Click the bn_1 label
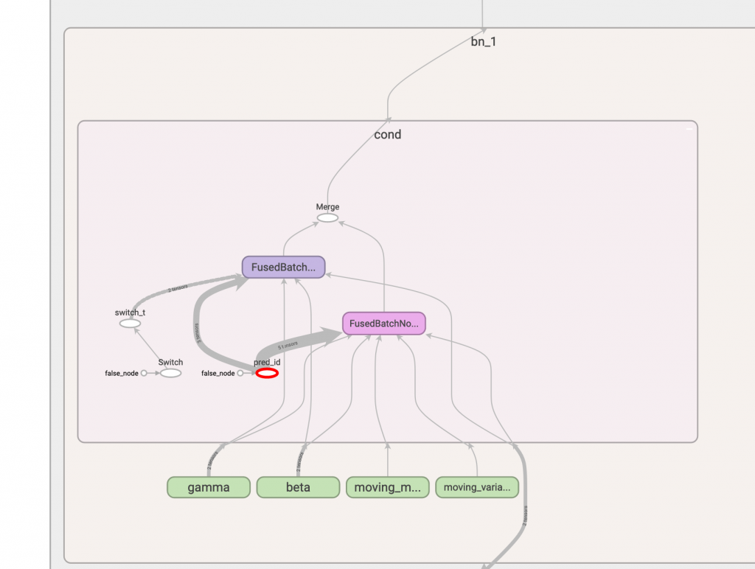click(484, 42)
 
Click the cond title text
click(388, 135)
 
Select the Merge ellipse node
click(327, 218)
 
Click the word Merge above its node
click(327, 207)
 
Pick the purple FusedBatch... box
click(284, 267)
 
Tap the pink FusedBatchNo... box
click(384, 324)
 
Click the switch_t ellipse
click(130, 324)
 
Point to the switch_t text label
click(130, 313)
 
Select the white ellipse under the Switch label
click(170, 374)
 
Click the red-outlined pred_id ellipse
click(267, 374)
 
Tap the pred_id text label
click(267, 363)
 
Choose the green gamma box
click(209, 487)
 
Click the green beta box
click(298, 487)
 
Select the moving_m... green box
click(388, 487)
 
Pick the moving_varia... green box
click(477, 487)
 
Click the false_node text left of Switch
click(121, 374)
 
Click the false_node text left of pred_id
click(218, 374)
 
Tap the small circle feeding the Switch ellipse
click(144, 374)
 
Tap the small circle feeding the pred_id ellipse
click(240, 374)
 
